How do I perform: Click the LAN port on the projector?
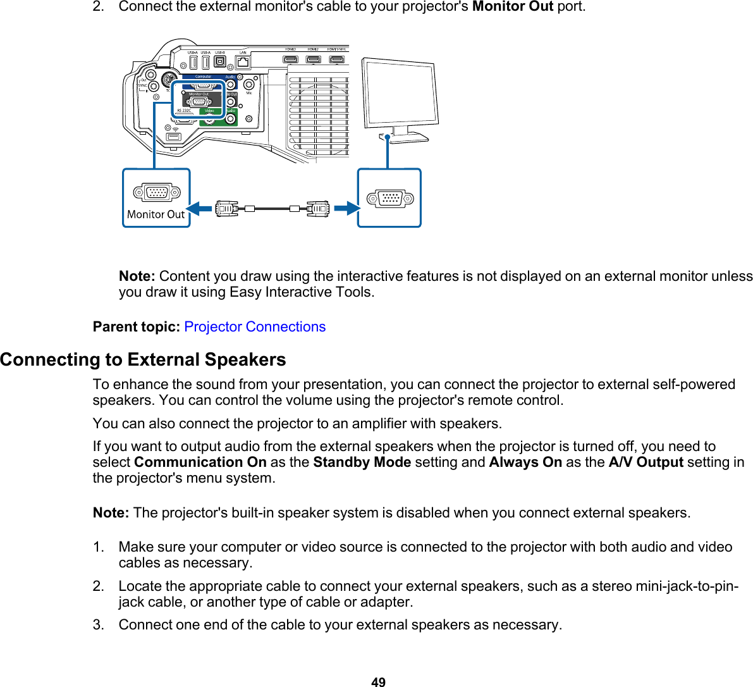[x=243, y=62]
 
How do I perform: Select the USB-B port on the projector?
[x=220, y=62]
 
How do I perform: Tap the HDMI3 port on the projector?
[x=290, y=59]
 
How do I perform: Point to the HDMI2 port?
[x=313, y=59]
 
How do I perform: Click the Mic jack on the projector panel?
[x=249, y=84]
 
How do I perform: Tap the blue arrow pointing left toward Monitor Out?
[x=199, y=209]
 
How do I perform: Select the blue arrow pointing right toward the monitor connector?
[x=346, y=209]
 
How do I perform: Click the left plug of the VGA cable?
[x=226, y=209]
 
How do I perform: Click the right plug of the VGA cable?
[x=319, y=209]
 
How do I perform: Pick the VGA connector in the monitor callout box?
[x=390, y=198]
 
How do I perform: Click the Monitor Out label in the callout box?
[x=156, y=214]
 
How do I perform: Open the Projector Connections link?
[x=255, y=327]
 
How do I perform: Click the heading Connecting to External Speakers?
[x=143, y=360]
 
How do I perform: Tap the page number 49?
[x=378, y=681]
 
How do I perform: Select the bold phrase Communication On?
[x=200, y=462]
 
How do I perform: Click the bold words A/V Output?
[x=646, y=462]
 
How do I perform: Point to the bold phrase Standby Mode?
[x=362, y=462]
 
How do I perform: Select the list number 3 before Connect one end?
[x=98, y=625]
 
